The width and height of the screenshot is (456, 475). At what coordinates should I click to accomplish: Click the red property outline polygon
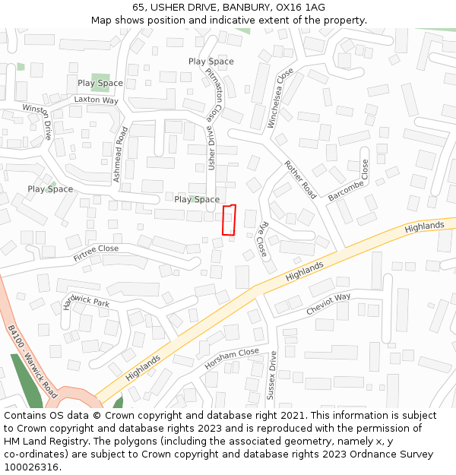coord(229,220)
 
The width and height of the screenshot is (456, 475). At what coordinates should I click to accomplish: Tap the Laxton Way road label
coord(96,100)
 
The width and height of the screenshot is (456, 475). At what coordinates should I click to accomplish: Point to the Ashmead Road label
coord(119,154)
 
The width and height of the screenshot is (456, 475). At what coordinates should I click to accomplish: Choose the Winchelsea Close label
coord(281,98)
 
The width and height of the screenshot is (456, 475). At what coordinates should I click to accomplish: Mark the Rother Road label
coord(300,179)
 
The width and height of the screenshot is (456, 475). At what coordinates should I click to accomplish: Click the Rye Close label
coord(262,239)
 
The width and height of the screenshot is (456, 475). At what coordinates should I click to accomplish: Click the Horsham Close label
coord(232,359)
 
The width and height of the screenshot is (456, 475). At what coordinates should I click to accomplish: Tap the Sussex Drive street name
coord(271,375)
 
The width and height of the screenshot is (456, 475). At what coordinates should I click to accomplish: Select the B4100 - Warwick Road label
coord(33,364)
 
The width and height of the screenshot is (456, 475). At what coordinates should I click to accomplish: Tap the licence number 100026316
coord(33,467)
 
